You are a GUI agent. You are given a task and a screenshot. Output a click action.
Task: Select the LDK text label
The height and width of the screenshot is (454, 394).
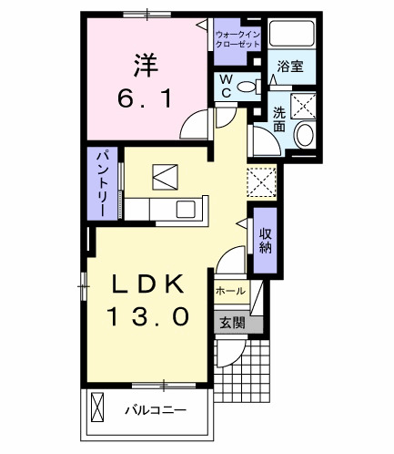149,284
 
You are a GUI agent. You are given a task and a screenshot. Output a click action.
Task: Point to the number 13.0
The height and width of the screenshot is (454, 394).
149,315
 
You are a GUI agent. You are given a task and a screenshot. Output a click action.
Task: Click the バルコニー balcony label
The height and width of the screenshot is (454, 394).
156,411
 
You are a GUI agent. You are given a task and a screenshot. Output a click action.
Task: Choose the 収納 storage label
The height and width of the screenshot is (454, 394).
265,239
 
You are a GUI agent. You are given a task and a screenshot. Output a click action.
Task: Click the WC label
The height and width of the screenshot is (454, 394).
224,86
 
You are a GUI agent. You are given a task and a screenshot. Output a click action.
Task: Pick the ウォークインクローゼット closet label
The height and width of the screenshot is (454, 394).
237,39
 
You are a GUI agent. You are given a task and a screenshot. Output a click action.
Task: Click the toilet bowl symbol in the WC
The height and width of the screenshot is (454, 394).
247,87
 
